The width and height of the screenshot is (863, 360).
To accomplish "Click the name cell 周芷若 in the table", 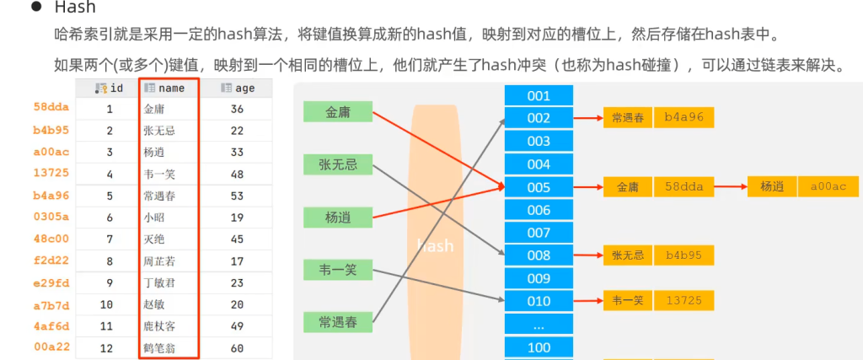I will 160,261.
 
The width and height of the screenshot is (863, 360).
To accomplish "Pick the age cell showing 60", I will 237,347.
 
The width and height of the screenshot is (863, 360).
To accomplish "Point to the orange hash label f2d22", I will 51,260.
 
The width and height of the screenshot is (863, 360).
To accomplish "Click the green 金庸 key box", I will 338,112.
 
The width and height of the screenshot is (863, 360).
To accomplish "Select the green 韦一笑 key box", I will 338,270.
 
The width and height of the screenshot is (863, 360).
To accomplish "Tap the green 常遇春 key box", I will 338,321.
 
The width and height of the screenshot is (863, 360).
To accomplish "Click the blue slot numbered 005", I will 539,187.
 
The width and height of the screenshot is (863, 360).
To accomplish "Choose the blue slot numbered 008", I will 539,255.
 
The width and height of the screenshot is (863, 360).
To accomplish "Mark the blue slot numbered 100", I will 539,347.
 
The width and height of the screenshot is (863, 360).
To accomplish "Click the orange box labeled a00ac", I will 828,186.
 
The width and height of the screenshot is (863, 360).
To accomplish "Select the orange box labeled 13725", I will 683,298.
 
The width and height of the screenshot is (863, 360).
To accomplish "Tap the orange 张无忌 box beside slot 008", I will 628,255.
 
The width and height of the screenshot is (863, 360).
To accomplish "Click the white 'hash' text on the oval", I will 435,246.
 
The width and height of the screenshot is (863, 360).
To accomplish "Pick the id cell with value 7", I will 110,239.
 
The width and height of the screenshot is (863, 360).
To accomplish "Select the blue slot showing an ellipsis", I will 539,325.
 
